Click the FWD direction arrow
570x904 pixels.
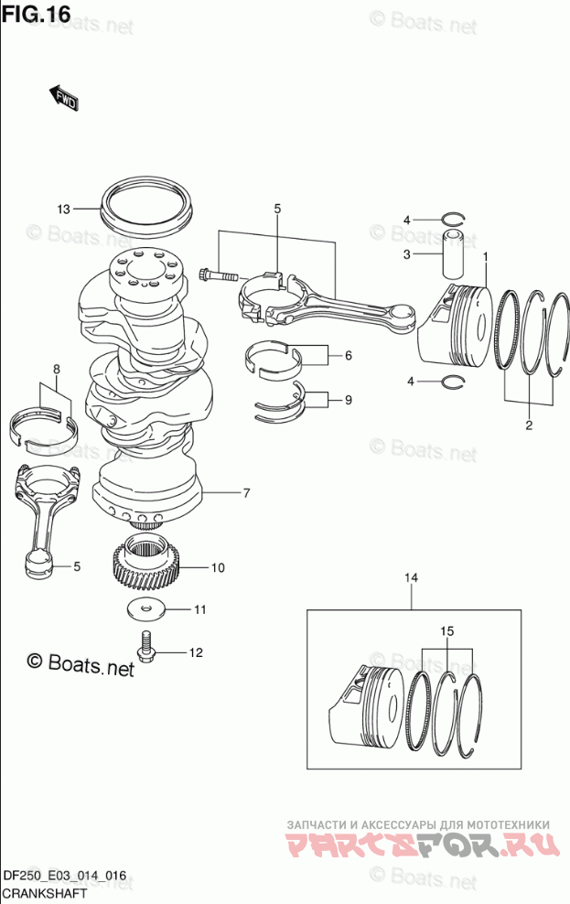(63, 97)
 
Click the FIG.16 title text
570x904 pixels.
(36, 14)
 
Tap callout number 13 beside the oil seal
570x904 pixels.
(63, 210)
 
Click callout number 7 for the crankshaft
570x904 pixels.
(246, 493)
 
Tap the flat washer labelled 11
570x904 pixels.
(145, 610)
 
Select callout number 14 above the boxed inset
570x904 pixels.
(412, 577)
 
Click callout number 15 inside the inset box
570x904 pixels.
(447, 631)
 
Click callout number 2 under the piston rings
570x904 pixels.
(529, 426)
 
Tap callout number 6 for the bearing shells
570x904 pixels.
(348, 356)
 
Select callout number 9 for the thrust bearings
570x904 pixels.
(348, 400)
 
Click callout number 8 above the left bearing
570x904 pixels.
(57, 369)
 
